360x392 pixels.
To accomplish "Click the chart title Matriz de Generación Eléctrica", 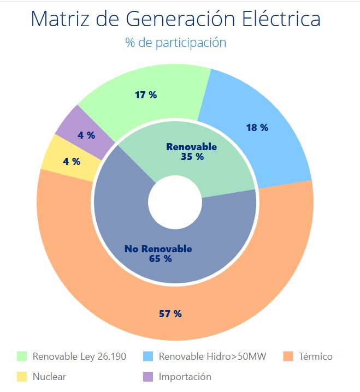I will (x=175, y=19).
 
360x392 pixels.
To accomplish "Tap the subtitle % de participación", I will (x=175, y=42).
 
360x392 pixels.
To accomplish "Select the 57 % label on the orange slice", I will (x=170, y=314).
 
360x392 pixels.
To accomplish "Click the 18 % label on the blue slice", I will (x=257, y=128).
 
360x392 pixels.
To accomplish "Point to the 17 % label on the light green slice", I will (x=146, y=95).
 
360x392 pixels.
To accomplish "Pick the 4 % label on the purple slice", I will (x=86, y=135).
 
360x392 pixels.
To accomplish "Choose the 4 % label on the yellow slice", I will (x=72, y=162).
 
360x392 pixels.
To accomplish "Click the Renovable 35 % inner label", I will (x=192, y=152).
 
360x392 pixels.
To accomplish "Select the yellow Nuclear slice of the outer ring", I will (x=55, y=153).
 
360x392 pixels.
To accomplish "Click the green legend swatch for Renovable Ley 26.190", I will (x=22, y=357).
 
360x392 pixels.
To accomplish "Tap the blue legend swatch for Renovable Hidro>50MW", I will (x=148, y=357).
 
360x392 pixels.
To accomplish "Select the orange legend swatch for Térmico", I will (x=288, y=357).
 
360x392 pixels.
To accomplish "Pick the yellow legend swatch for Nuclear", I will (x=22, y=377).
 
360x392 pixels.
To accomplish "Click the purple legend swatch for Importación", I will (x=148, y=377).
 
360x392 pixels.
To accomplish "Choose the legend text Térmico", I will (x=316, y=357).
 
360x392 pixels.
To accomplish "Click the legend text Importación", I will (x=185, y=377).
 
